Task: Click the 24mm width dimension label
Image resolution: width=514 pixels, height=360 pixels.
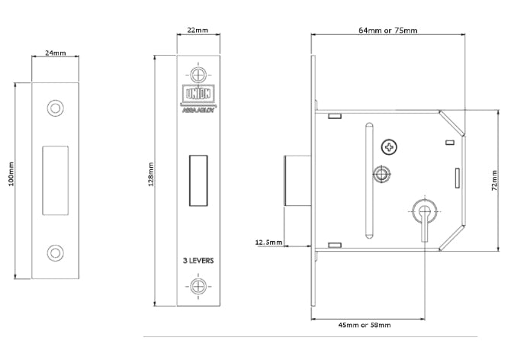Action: (55, 54)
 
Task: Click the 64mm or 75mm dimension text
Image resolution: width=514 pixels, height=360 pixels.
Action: (387, 31)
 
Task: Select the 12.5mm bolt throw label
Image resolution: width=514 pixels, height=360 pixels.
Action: (268, 243)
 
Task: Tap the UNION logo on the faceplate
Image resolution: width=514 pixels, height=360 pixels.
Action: (198, 95)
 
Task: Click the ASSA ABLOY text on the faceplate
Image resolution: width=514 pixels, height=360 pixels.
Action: (198, 108)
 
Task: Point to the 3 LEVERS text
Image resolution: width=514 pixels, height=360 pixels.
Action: (198, 260)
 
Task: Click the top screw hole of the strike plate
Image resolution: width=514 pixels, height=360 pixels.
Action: (55, 107)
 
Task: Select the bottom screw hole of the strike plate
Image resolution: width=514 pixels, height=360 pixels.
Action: (55, 252)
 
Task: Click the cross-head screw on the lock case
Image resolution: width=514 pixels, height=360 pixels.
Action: (392, 146)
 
